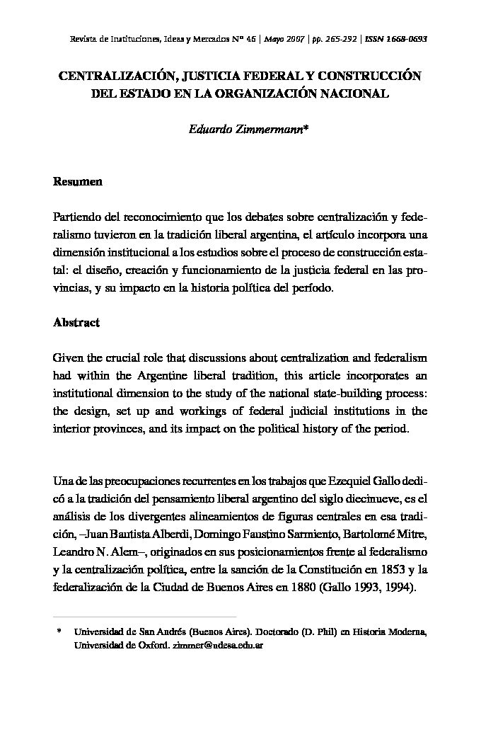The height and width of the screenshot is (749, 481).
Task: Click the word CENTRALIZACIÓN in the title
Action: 116,76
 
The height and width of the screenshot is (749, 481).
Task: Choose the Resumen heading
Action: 78,182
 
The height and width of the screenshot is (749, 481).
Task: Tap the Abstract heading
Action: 76,322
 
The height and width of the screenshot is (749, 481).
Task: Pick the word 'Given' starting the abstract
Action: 69,358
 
